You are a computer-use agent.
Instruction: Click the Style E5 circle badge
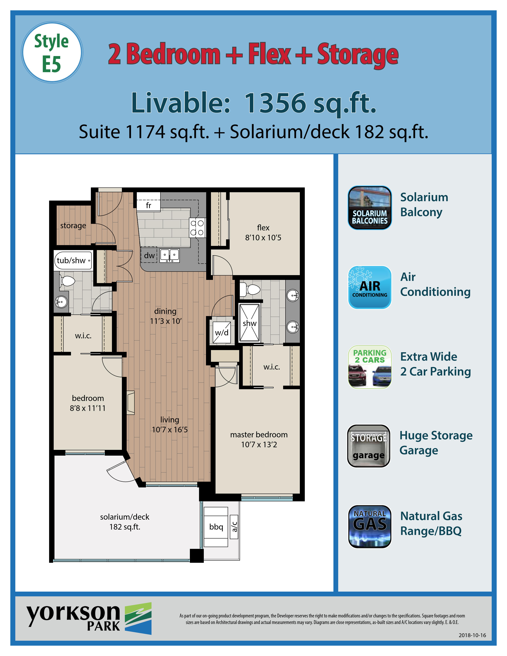click(52, 52)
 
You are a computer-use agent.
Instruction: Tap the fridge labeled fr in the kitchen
click(148, 202)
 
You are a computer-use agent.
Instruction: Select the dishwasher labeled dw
click(149, 255)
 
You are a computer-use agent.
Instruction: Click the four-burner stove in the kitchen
click(197, 227)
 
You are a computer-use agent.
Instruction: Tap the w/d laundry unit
click(222, 332)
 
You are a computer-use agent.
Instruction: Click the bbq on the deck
click(216, 527)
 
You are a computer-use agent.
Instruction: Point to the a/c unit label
click(234, 527)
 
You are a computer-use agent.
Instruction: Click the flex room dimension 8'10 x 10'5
click(263, 238)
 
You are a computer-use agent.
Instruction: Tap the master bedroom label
click(259, 434)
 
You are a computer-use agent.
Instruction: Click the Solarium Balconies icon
click(370, 208)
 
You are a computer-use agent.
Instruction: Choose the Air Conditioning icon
click(370, 287)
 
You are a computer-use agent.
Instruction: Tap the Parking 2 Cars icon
click(370, 367)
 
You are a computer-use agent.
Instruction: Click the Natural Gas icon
click(370, 526)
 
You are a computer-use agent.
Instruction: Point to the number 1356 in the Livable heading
click(276, 103)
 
